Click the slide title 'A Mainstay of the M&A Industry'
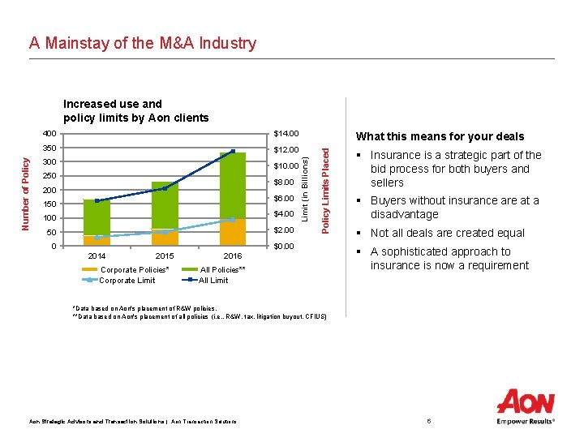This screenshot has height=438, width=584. click(143, 44)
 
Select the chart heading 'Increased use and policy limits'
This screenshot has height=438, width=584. click(135, 111)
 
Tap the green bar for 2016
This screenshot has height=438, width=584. click(232, 185)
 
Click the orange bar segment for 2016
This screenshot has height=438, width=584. click(232, 232)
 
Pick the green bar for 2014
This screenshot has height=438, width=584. click(97, 217)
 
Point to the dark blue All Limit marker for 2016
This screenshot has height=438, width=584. click(233, 152)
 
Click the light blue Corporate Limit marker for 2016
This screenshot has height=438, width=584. click(233, 220)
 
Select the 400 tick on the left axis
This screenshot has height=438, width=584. click(49, 134)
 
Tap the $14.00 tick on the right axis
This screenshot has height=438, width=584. click(286, 134)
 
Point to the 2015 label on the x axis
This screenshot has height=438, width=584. click(164, 256)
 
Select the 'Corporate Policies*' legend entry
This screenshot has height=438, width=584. click(134, 269)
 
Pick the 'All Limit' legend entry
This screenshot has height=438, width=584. click(214, 281)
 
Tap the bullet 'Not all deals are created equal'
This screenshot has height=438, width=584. click(447, 234)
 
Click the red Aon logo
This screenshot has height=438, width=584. click(526, 402)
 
